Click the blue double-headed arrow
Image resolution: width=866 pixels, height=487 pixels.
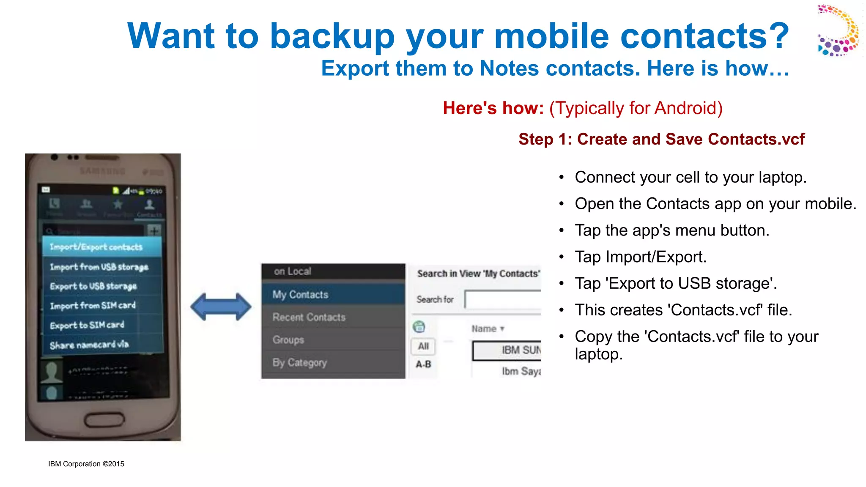click(221, 306)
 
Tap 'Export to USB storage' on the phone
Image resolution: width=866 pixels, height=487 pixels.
click(93, 286)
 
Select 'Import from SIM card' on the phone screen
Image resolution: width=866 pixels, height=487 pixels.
click(93, 305)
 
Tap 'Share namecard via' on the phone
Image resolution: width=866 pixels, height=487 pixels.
click(89, 345)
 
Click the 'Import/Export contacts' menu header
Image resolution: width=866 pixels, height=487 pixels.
click(96, 247)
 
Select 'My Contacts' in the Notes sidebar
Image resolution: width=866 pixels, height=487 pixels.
click(300, 295)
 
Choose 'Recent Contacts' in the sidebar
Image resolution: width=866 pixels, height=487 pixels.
click(309, 317)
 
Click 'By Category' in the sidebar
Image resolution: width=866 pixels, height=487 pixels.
click(299, 362)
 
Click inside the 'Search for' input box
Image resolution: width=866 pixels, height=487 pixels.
click(502, 299)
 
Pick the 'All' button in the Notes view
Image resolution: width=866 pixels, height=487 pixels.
click(423, 346)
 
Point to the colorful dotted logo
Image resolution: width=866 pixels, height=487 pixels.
click(838, 30)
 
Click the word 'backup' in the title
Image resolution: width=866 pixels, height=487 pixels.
click(332, 37)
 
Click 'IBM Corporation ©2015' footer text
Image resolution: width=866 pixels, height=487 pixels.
click(86, 464)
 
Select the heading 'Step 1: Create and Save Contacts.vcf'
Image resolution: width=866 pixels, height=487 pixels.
click(661, 139)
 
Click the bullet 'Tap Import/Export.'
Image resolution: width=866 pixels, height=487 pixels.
click(640, 257)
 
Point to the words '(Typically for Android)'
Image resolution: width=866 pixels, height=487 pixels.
click(636, 108)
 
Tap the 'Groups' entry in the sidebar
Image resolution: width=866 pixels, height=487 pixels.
click(288, 340)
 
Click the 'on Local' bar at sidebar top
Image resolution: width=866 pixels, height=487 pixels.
click(292, 271)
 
